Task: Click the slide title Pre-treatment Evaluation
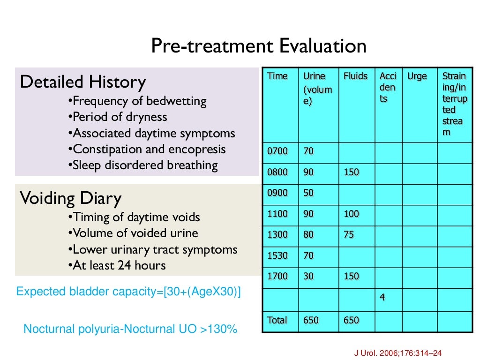click(258, 46)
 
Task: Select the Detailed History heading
click(83, 82)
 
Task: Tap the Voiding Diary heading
click(71, 198)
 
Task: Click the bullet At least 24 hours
click(117, 266)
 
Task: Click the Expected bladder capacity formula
click(128, 292)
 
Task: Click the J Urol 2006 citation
click(396, 352)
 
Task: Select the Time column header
click(277, 76)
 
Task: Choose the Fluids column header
click(355, 76)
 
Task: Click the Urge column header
click(417, 76)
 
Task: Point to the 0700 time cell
click(277, 151)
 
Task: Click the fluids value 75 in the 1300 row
click(349, 235)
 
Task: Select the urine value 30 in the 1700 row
click(308, 277)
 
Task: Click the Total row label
click(277, 321)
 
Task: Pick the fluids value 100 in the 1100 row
click(351, 214)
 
